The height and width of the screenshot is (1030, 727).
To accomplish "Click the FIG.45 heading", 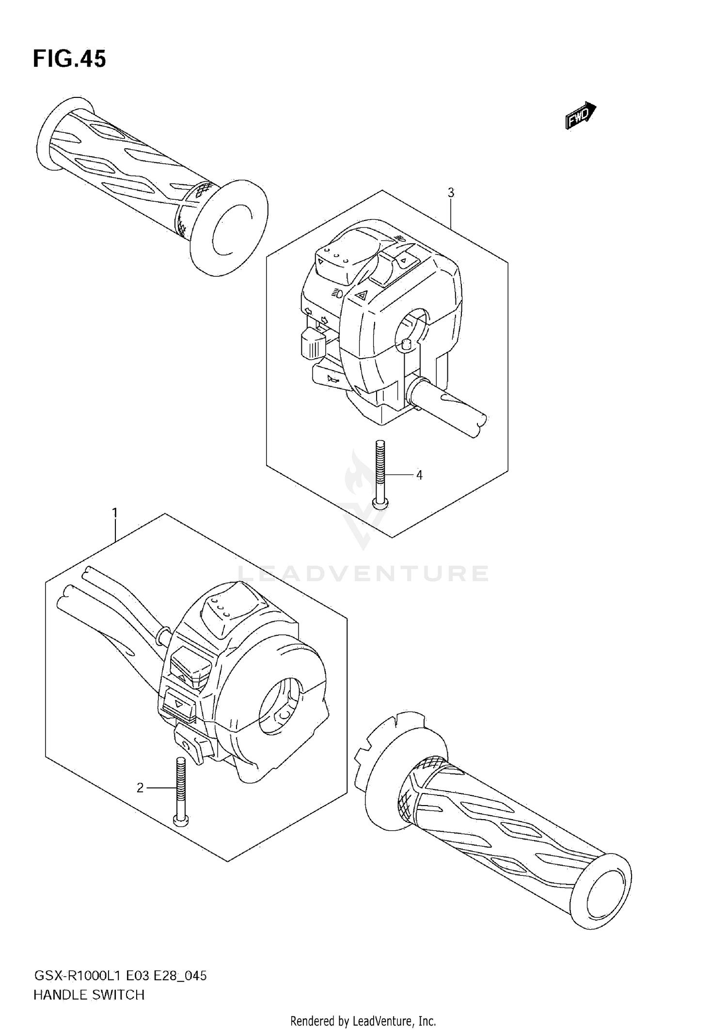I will [69, 59].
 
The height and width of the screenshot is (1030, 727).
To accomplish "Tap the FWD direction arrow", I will [580, 115].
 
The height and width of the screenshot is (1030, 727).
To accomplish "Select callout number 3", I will [451, 193].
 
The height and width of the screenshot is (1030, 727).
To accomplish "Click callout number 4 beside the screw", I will [419, 475].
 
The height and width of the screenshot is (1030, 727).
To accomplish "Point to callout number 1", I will [115, 512].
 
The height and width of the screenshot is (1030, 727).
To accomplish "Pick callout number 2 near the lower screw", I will [140, 788].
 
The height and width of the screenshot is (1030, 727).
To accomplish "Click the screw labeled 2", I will [180, 790].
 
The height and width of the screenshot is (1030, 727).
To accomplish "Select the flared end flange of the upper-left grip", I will [229, 228].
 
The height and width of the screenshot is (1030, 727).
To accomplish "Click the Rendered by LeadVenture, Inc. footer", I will [363, 1021].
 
